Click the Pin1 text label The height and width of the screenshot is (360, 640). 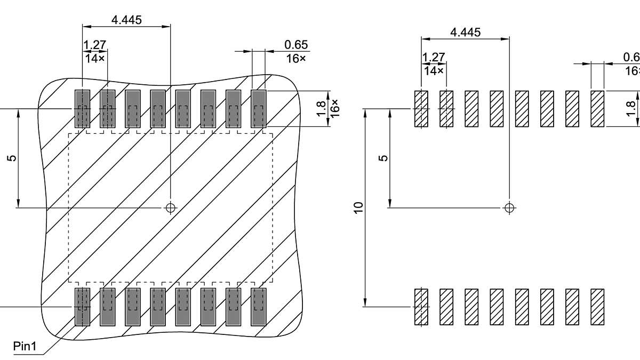click(25, 347)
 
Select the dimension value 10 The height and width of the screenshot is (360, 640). click(358, 207)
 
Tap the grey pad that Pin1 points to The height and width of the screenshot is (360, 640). click(82, 307)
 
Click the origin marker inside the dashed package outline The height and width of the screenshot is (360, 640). click(170, 207)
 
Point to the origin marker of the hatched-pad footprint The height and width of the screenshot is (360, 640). click(509, 207)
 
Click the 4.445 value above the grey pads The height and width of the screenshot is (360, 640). click(126, 20)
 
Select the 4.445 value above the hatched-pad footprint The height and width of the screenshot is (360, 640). click(465, 32)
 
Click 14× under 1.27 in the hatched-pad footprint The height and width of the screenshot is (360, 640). click(434, 70)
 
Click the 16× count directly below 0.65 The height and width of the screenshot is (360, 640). click(296, 58)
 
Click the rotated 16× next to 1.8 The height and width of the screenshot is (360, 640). click(334, 109)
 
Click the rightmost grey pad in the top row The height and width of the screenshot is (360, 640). click(259, 109)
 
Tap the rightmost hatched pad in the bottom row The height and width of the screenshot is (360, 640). click(597, 307)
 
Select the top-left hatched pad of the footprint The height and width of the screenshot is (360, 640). click(421, 109)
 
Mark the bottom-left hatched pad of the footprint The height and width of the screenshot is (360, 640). click(421, 307)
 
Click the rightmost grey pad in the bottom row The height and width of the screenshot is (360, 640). click(259, 307)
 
